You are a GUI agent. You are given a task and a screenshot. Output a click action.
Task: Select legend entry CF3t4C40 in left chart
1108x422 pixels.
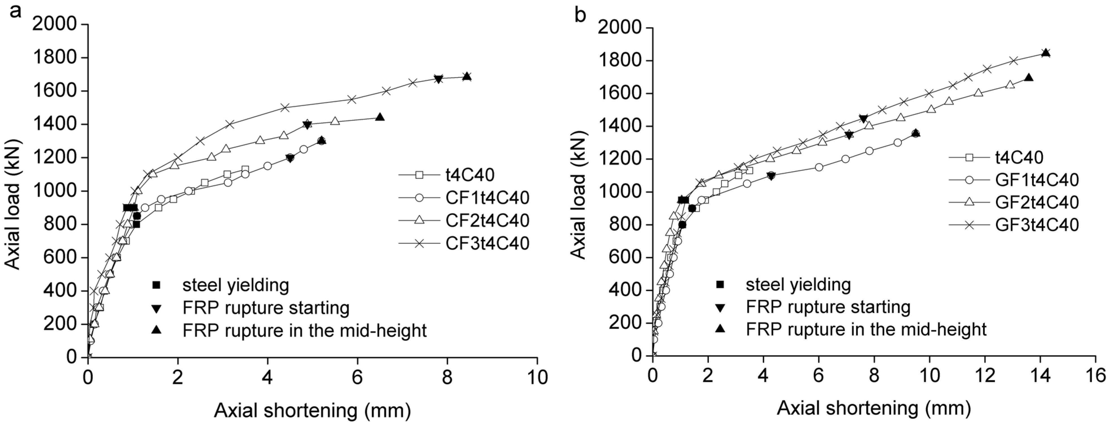(x=487, y=244)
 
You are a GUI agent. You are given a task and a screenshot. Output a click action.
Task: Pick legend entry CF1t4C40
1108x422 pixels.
(x=487, y=198)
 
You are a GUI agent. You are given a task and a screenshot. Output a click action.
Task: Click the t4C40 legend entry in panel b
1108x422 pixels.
(x=1019, y=157)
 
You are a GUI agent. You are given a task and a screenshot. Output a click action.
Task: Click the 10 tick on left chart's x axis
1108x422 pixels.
(x=537, y=377)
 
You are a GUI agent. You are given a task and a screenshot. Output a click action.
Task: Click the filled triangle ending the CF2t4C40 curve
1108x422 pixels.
(x=379, y=117)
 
